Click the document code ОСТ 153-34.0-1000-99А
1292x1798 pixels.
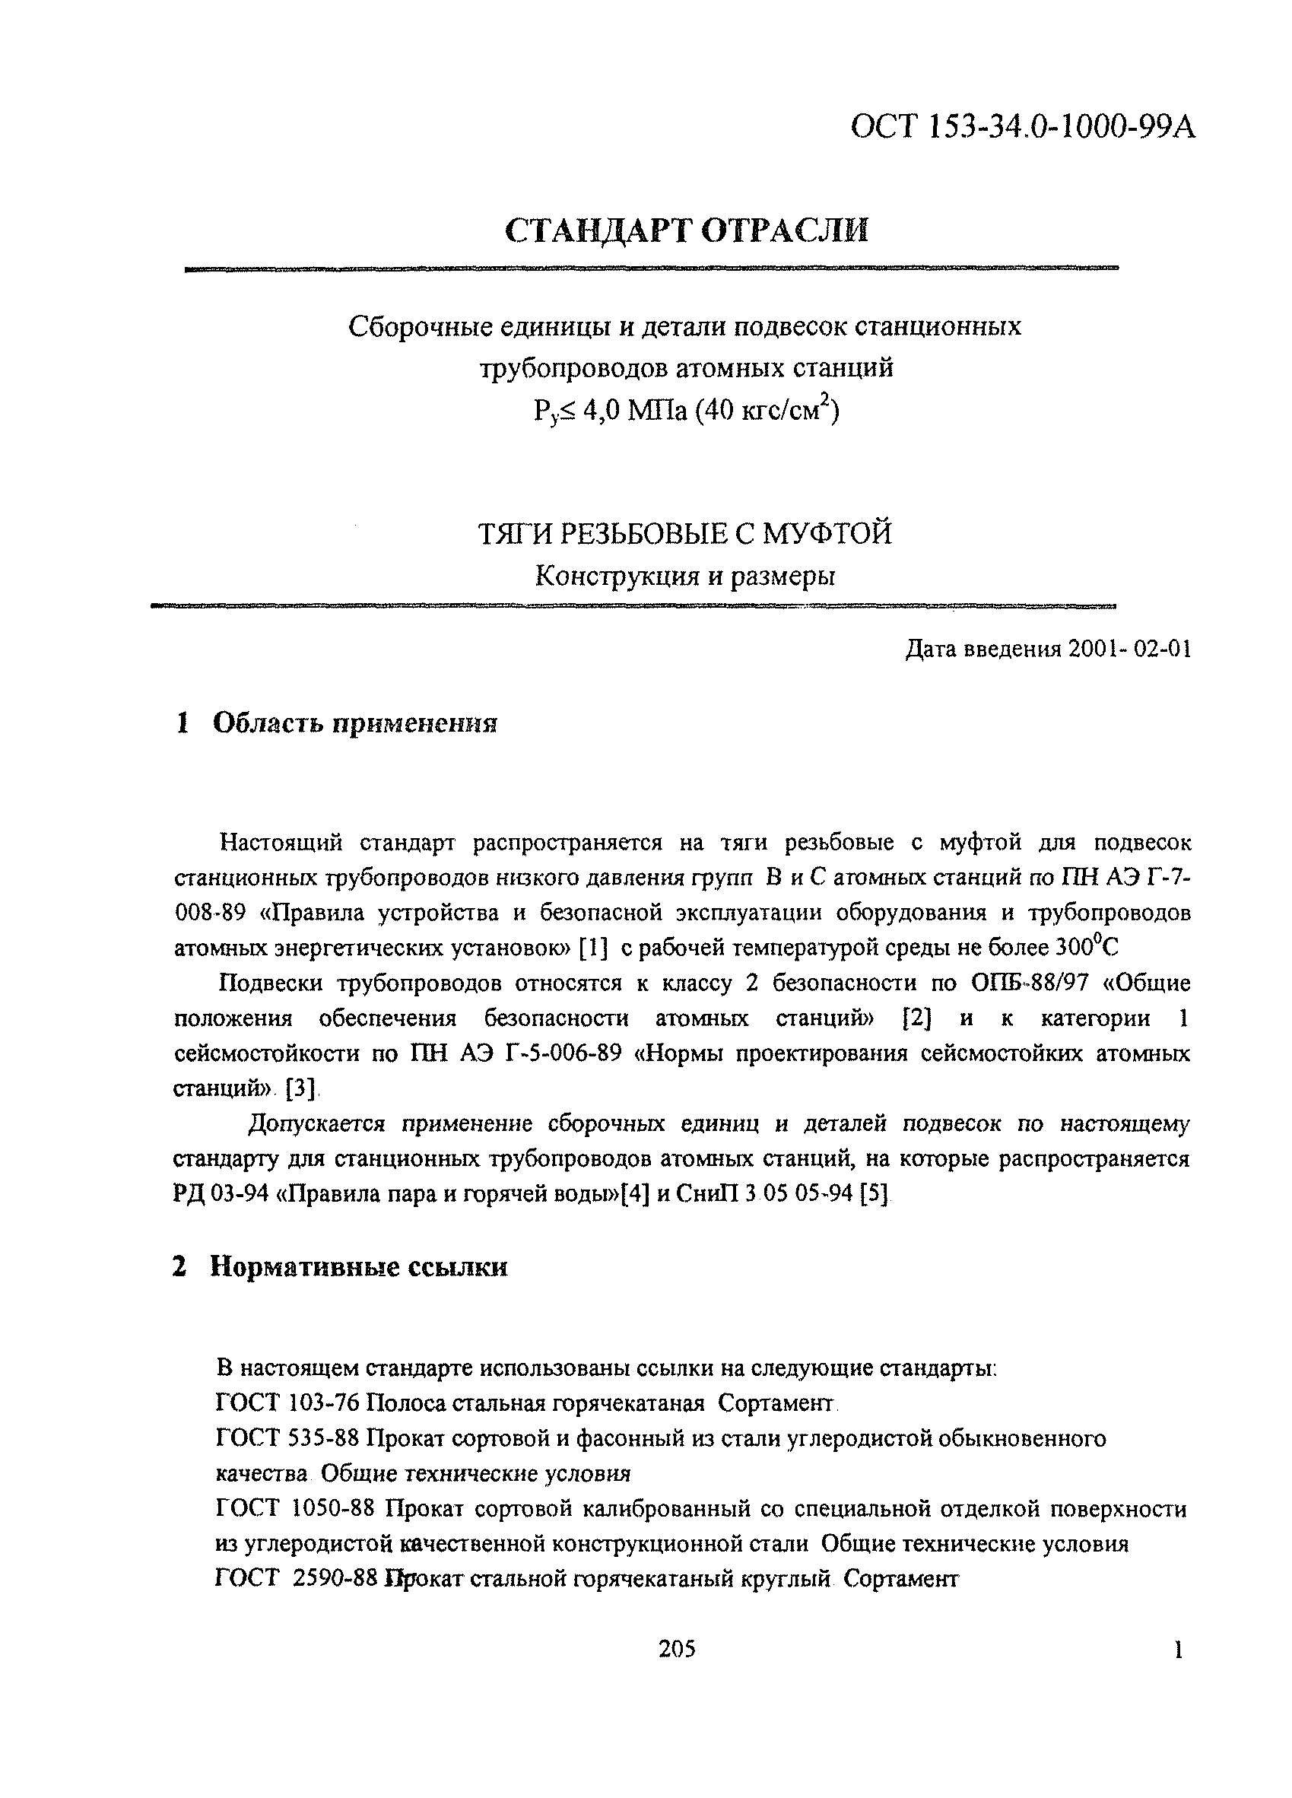[x=1022, y=127]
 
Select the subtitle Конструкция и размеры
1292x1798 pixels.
[x=685, y=576]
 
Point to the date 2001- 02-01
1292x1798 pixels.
[x=1129, y=650]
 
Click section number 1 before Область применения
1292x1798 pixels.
[x=183, y=723]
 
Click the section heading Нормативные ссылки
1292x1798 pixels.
[x=358, y=1268]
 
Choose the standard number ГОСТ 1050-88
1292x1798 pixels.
[x=294, y=1509]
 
